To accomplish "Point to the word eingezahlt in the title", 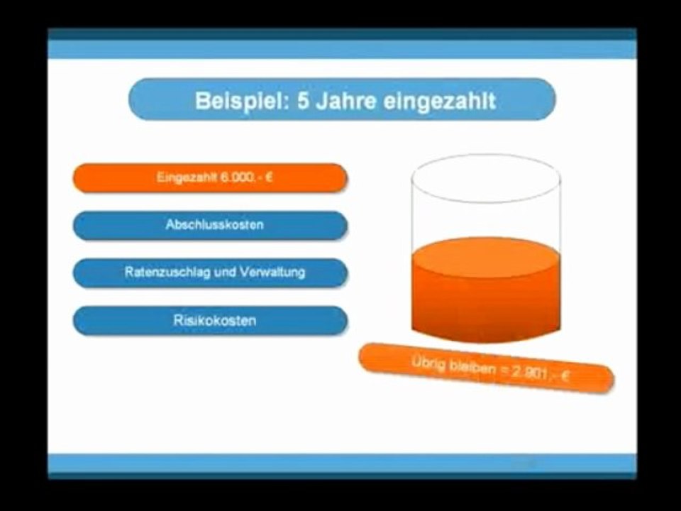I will point(439,100).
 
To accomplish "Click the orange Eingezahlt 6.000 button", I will point(210,178).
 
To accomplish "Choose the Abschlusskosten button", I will point(210,225).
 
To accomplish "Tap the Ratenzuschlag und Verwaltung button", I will point(210,273).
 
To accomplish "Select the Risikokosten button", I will point(210,320).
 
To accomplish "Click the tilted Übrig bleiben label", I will point(487,368).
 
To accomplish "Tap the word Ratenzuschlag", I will point(167,273).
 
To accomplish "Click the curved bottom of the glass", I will point(486,334).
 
